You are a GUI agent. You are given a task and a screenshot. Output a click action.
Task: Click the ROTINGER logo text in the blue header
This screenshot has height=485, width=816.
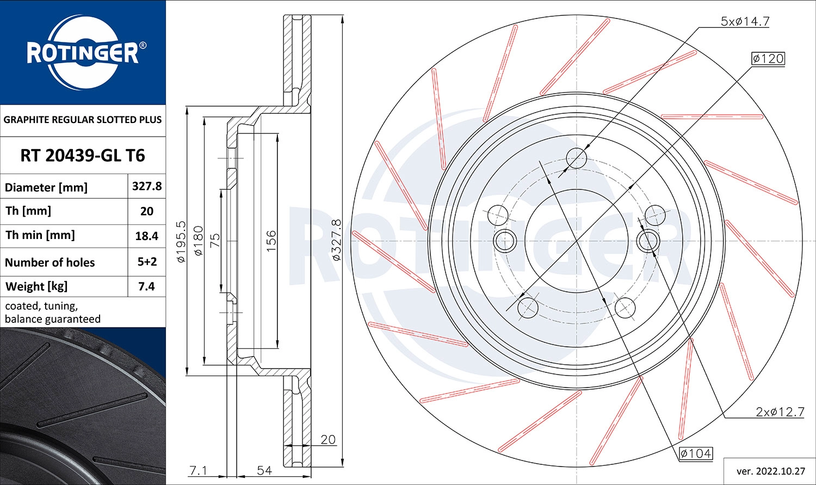[x=83, y=53]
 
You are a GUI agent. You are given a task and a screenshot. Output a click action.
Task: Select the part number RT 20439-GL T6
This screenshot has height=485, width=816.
[x=83, y=156]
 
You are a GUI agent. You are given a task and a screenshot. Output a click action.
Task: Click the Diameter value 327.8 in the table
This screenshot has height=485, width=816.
[x=147, y=186]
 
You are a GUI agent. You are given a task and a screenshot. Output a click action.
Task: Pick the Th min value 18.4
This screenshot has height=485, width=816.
[x=147, y=236]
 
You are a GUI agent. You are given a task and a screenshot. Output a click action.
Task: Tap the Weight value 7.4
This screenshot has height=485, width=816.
[x=147, y=286]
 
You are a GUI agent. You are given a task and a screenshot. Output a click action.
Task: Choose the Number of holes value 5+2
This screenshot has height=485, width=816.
[x=147, y=261]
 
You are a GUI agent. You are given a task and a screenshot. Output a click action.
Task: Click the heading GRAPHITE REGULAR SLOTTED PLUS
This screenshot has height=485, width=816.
[x=83, y=120]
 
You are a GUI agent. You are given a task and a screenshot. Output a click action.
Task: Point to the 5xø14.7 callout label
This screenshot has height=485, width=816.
[x=745, y=21]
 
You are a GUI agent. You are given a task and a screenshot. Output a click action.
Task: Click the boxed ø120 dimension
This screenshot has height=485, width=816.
[x=768, y=58]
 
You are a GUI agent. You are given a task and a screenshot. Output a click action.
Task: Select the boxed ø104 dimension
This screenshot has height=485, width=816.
[x=696, y=453]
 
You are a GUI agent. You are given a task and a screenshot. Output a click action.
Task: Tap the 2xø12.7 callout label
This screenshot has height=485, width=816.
[x=780, y=412]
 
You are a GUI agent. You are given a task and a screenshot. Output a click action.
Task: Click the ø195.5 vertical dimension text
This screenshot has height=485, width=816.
[x=181, y=242]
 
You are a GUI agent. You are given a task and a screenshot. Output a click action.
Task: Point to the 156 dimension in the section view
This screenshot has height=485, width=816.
[x=271, y=241]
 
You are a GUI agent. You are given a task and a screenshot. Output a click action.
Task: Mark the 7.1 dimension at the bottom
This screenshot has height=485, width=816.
[x=197, y=470]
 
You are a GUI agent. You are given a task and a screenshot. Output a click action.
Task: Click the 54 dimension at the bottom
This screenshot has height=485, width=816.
[x=264, y=470]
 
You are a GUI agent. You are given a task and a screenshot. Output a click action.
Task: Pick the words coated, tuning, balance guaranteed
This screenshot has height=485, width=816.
[x=53, y=312]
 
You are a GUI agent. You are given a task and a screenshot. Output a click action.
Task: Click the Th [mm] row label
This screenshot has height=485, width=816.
[x=28, y=211]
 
